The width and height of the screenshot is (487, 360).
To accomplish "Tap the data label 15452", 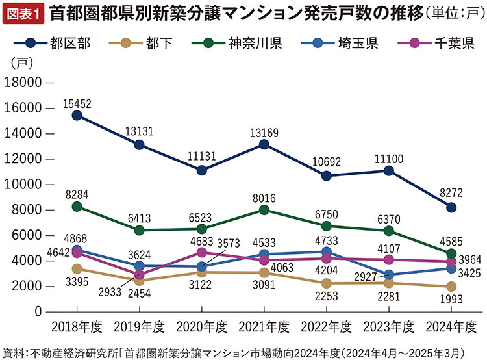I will tap(77, 103).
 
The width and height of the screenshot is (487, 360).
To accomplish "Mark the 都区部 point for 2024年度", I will tap(451, 207).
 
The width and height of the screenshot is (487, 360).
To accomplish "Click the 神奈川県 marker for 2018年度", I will tap(77, 206).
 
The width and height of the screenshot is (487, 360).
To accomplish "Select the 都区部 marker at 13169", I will tap(264, 144).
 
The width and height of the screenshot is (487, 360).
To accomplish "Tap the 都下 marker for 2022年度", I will tap(327, 283).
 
